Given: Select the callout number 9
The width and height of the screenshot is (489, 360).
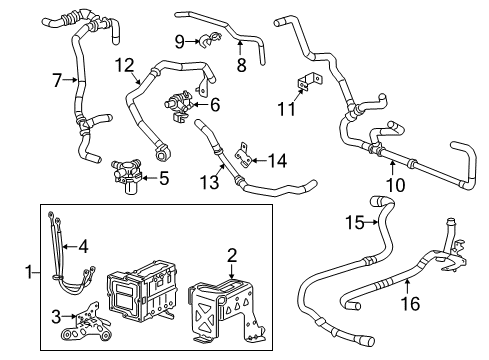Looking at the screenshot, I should (x=179, y=41).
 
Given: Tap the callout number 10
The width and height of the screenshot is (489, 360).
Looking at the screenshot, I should (x=397, y=184).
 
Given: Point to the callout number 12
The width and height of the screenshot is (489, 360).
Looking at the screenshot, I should (x=123, y=66).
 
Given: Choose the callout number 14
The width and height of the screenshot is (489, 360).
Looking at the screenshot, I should (x=277, y=159).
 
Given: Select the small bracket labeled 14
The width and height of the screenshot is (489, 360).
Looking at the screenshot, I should (x=243, y=157).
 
